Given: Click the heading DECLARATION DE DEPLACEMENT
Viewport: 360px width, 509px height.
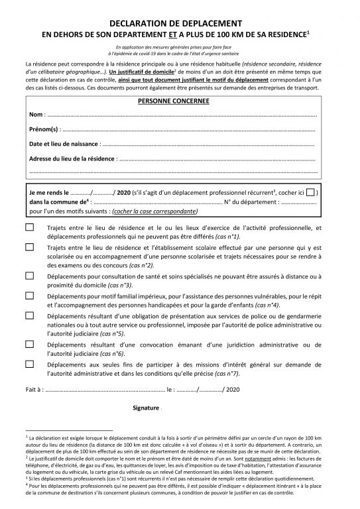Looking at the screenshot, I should tap(180, 22).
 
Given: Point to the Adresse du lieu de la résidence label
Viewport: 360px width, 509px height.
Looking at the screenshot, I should tap(72, 159).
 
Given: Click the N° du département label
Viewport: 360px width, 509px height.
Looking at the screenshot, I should tap(251, 201).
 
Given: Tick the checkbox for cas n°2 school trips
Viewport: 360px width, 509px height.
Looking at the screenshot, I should tap(30, 247).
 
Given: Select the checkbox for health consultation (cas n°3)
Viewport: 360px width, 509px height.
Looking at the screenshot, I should tap(30, 275).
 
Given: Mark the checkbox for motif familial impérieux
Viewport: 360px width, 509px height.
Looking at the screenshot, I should tap(30, 295).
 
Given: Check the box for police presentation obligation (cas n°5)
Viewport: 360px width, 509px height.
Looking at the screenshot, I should tap(30, 317).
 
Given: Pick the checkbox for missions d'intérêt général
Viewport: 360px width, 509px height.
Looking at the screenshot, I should tap(30, 364).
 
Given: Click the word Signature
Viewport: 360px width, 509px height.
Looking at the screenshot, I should tap(146, 408).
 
